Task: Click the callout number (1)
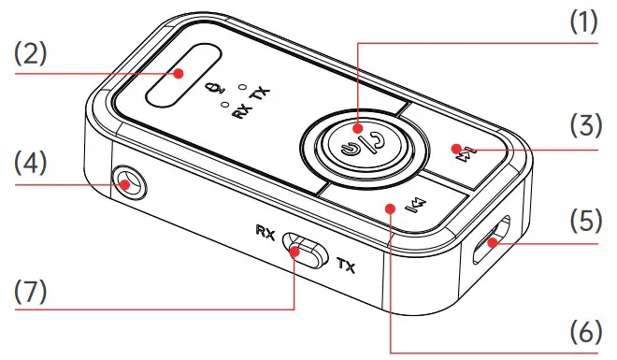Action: (x=583, y=22)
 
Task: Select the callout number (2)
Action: (x=30, y=54)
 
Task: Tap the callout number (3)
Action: (x=586, y=125)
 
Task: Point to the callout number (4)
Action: (x=30, y=164)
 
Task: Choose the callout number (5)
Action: (x=586, y=221)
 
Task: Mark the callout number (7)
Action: (x=30, y=292)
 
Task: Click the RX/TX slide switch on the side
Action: (x=305, y=251)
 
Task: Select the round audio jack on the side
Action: (x=128, y=182)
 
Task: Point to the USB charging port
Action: (x=492, y=239)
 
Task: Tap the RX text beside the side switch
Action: (x=265, y=232)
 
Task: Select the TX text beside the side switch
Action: (x=347, y=266)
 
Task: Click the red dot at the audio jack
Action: (x=125, y=184)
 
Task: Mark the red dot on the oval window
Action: (x=179, y=73)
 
